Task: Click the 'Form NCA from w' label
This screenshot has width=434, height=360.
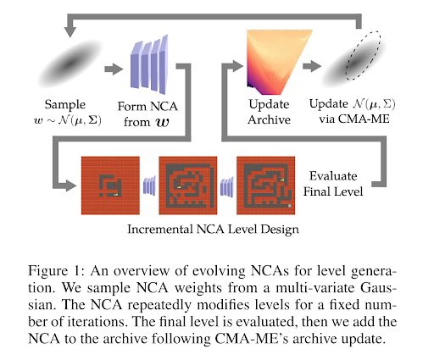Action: (x=147, y=114)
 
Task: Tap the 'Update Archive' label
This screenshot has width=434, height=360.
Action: (x=269, y=112)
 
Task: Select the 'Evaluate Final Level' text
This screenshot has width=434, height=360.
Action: (x=333, y=184)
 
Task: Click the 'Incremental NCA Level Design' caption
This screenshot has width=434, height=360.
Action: (x=213, y=229)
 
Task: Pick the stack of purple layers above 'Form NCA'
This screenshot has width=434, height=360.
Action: (x=149, y=64)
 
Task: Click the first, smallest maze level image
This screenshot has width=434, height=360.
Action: (x=110, y=186)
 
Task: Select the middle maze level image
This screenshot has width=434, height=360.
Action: (x=188, y=186)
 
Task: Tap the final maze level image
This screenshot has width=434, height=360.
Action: (x=265, y=186)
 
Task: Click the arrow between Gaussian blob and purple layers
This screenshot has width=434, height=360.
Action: (x=114, y=69)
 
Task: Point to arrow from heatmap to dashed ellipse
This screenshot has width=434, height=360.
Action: (x=311, y=66)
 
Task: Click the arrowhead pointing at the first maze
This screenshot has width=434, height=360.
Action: (x=71, y=185)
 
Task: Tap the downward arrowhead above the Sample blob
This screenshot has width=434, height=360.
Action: (x=70, y=32)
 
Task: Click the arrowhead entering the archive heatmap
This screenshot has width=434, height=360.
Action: (x=237, y=66)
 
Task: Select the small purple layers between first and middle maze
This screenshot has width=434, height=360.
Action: (x=149, y=186)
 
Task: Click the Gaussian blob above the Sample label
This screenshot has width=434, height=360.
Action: (x=70, y=64)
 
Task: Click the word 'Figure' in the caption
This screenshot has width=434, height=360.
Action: (x=48, y=271)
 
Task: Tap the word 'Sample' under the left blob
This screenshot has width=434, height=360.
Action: (x=65, y=105)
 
